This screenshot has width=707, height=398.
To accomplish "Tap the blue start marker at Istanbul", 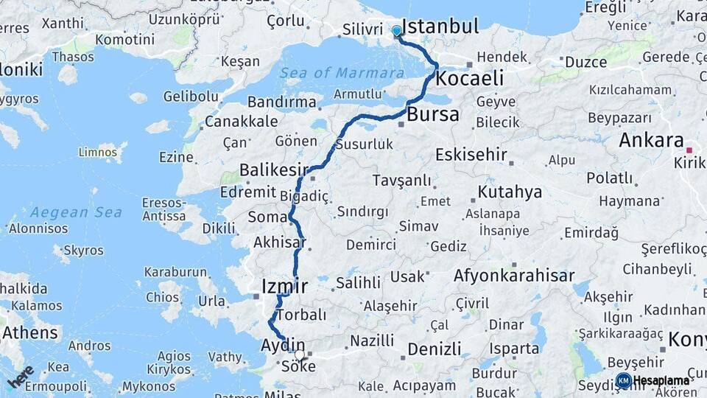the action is pyautogui.click(x=397, y=31).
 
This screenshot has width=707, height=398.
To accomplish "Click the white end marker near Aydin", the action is pyautogui.click(x=300, y=355).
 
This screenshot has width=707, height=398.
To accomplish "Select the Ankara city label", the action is pyautogui.click(x=651, y=140).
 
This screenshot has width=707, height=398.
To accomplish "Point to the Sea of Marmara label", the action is pyautogui.click(x=342, y=73).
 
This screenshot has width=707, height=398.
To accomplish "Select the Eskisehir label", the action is pyautogui.click(x=471, y=155).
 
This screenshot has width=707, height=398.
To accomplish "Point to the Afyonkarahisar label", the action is pyautogui.click(x=514, y=276).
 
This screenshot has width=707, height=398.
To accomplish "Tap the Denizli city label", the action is pyautogui.click(x=434, y=349).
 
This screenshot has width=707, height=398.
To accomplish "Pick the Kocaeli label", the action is pyautogui.click(x=469, y=78).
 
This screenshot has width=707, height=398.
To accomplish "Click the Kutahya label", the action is pyautogui.click(x=510, y=192).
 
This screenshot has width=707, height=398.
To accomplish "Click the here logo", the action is pyautogui.click(x=21, y=376).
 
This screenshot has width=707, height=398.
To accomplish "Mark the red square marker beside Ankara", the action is pyautogui.click(x=689, y=147).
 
